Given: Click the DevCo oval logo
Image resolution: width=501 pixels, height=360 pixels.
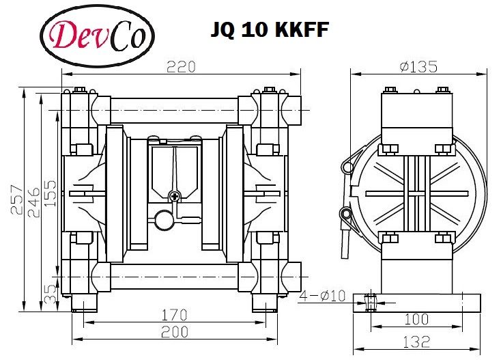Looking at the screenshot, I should (98, 36).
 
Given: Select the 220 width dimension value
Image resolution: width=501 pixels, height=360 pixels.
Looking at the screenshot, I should (182, 66).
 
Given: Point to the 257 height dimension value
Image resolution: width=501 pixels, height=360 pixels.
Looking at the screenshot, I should (18, 199).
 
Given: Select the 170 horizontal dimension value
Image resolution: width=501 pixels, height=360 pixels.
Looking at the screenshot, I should (175, 316).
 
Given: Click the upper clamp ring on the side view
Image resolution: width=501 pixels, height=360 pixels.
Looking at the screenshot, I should (347, 165).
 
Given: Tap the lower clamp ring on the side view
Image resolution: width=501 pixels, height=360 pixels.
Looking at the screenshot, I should (347, 214).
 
